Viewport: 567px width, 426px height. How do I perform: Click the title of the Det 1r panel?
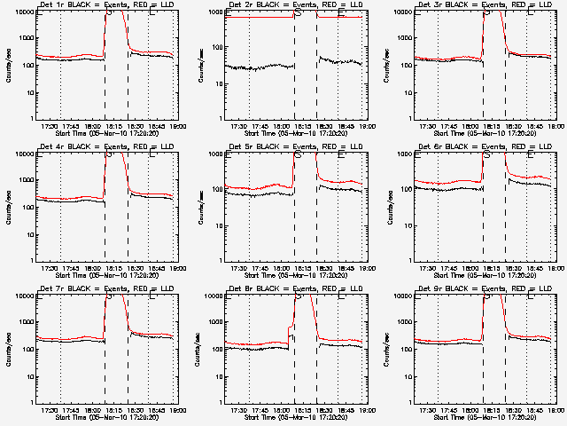(x=105, y=6)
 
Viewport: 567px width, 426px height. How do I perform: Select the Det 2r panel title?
(x=294, y=6)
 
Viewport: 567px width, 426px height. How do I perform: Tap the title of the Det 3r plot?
(x=484, y=6)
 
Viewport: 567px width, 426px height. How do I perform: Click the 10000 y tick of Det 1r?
(x=25, y=12)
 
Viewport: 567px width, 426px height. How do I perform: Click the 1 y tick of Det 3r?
(x=411, y=119)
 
